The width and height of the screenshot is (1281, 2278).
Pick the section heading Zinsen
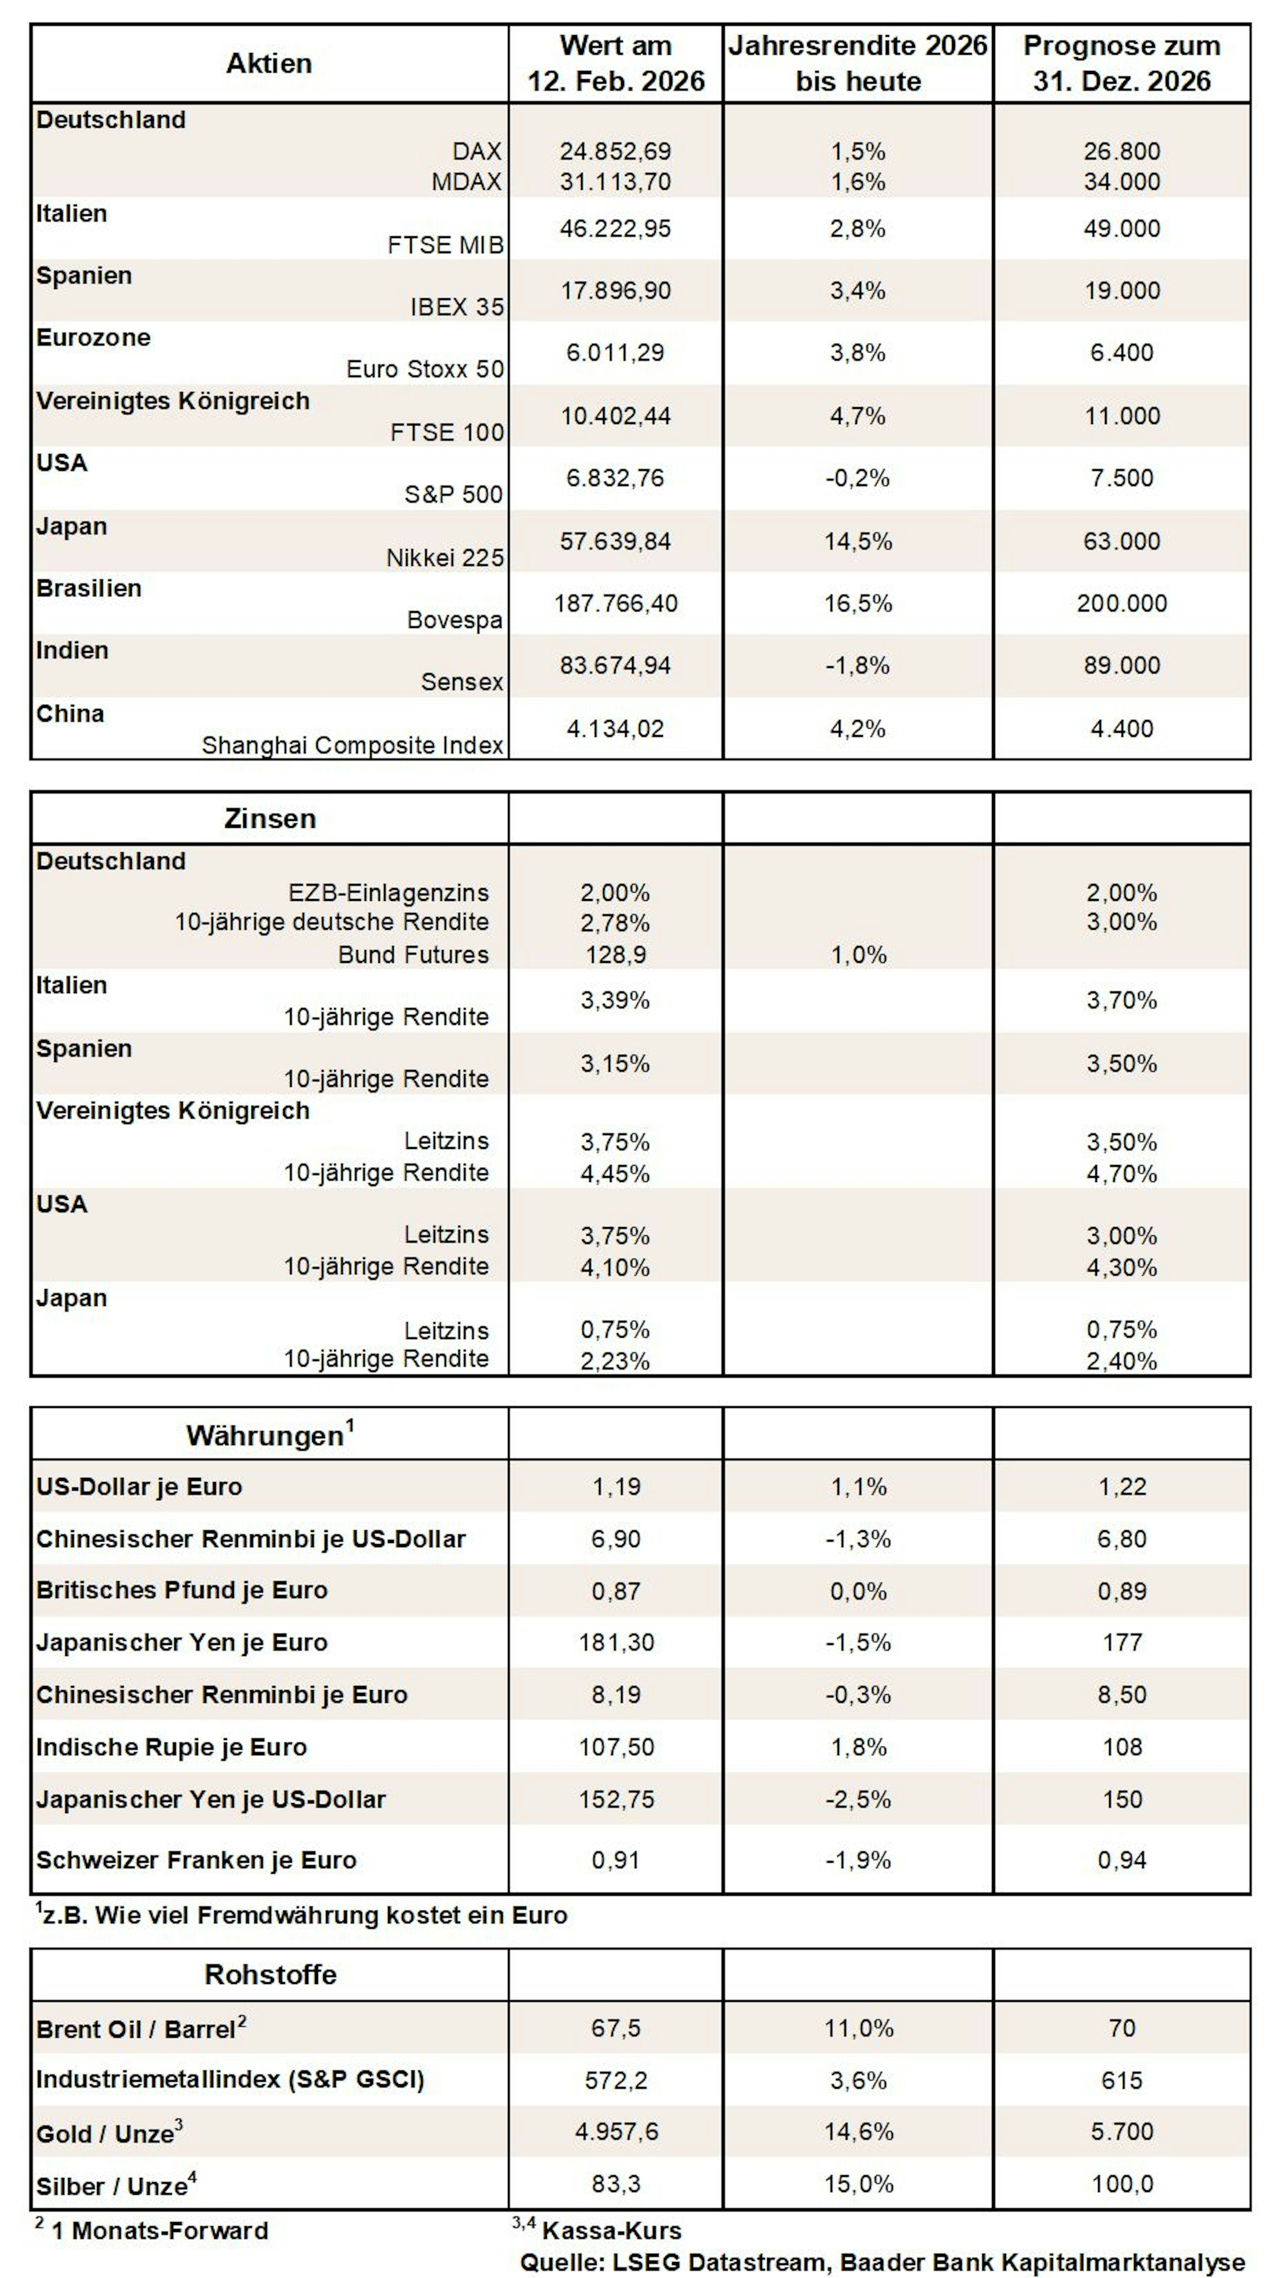coord(270,819)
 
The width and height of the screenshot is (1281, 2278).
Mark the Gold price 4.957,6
coord(616,2131)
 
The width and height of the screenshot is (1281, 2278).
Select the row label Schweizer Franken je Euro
coord(196,1861)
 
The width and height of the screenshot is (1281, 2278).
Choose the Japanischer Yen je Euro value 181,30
coord(616,1643)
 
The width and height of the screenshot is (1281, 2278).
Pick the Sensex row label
coord(462,682)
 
